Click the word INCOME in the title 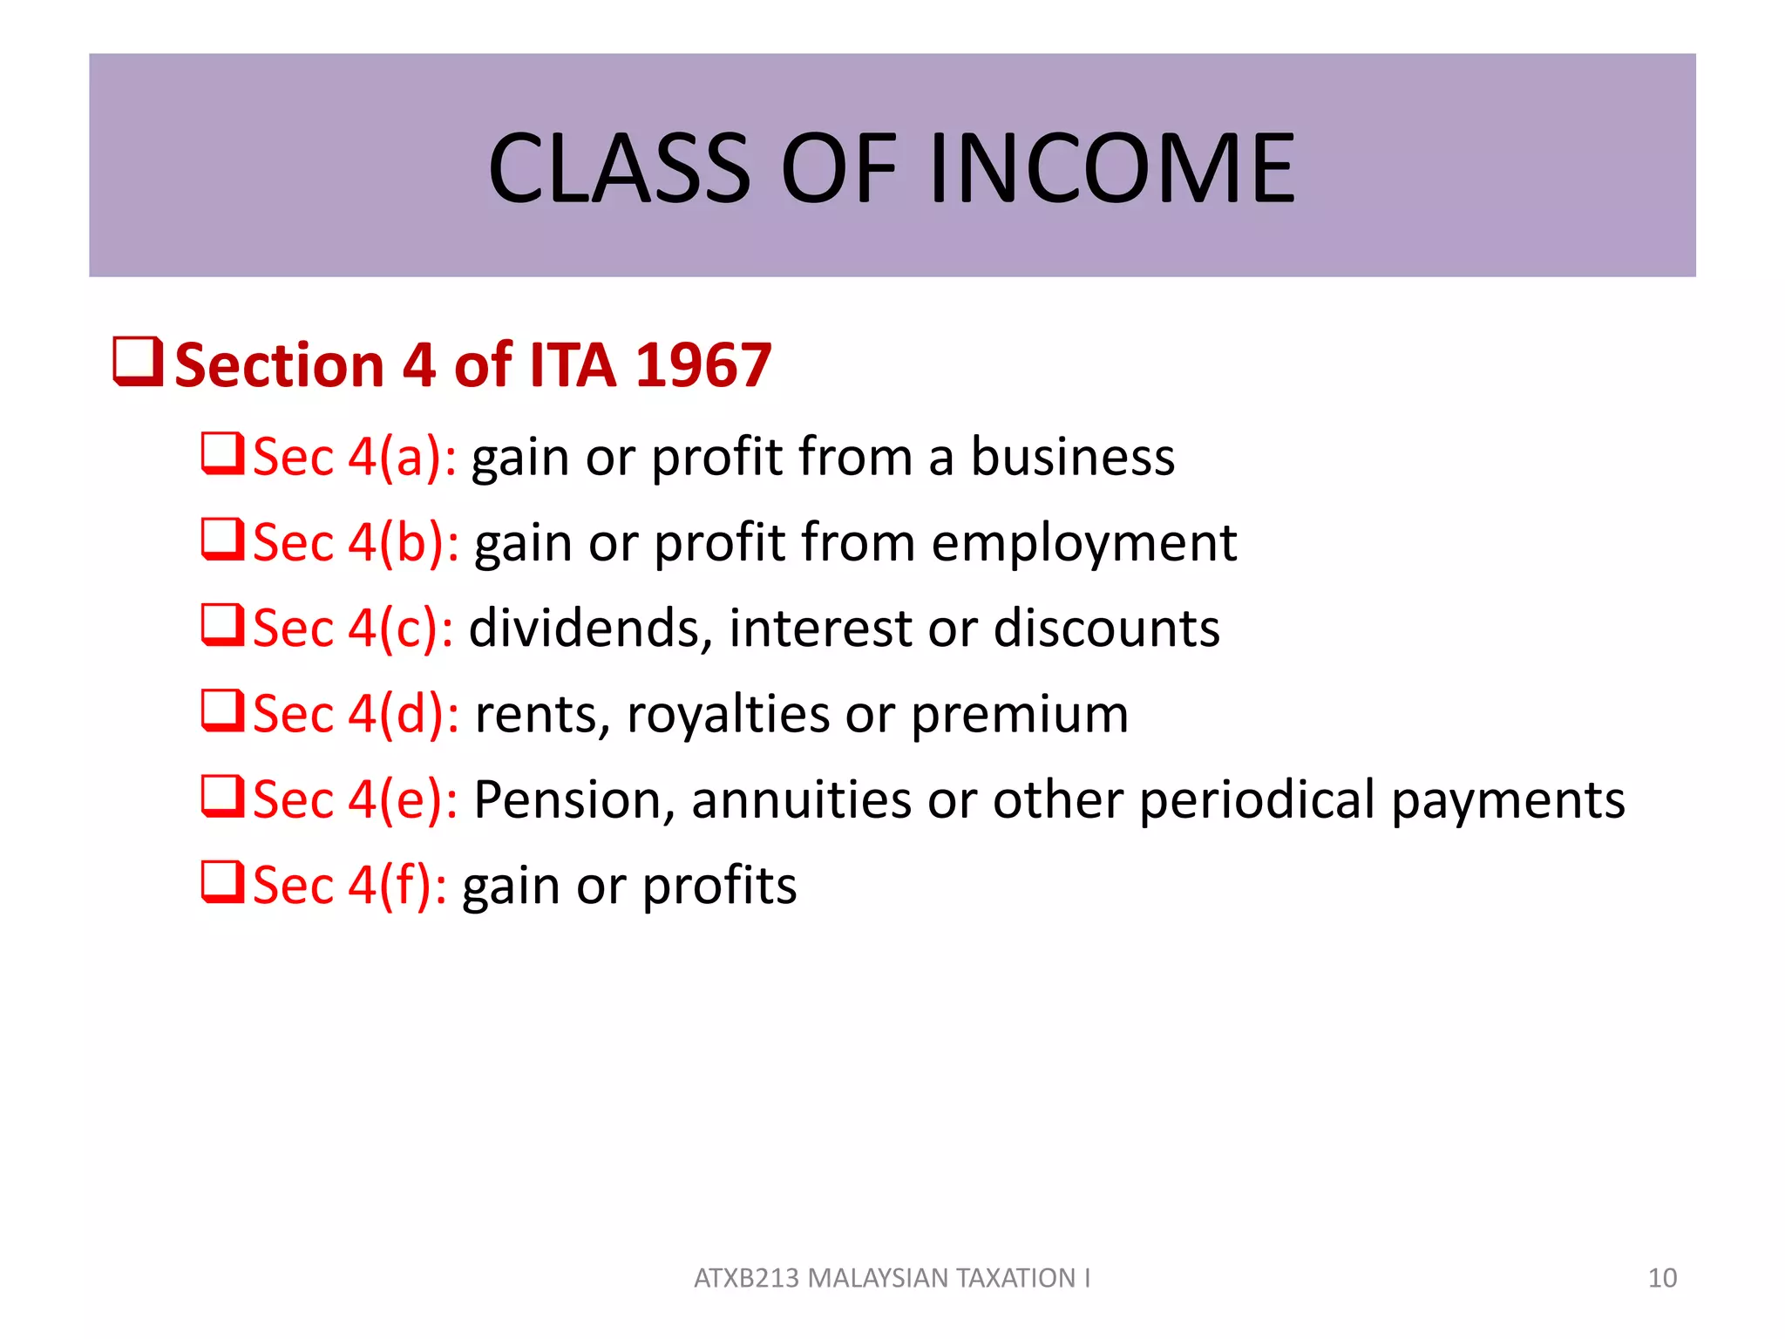click(1112, 168)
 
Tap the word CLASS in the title click(619, 168)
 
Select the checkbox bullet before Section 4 click(138, 363)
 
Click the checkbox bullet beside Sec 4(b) click(221, 540)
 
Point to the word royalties click(728, 714)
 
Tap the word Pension click(574, 799)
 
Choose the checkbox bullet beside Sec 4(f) click(221, 882)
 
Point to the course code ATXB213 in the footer click(746, 1278)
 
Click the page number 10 click(1662, 1278)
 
